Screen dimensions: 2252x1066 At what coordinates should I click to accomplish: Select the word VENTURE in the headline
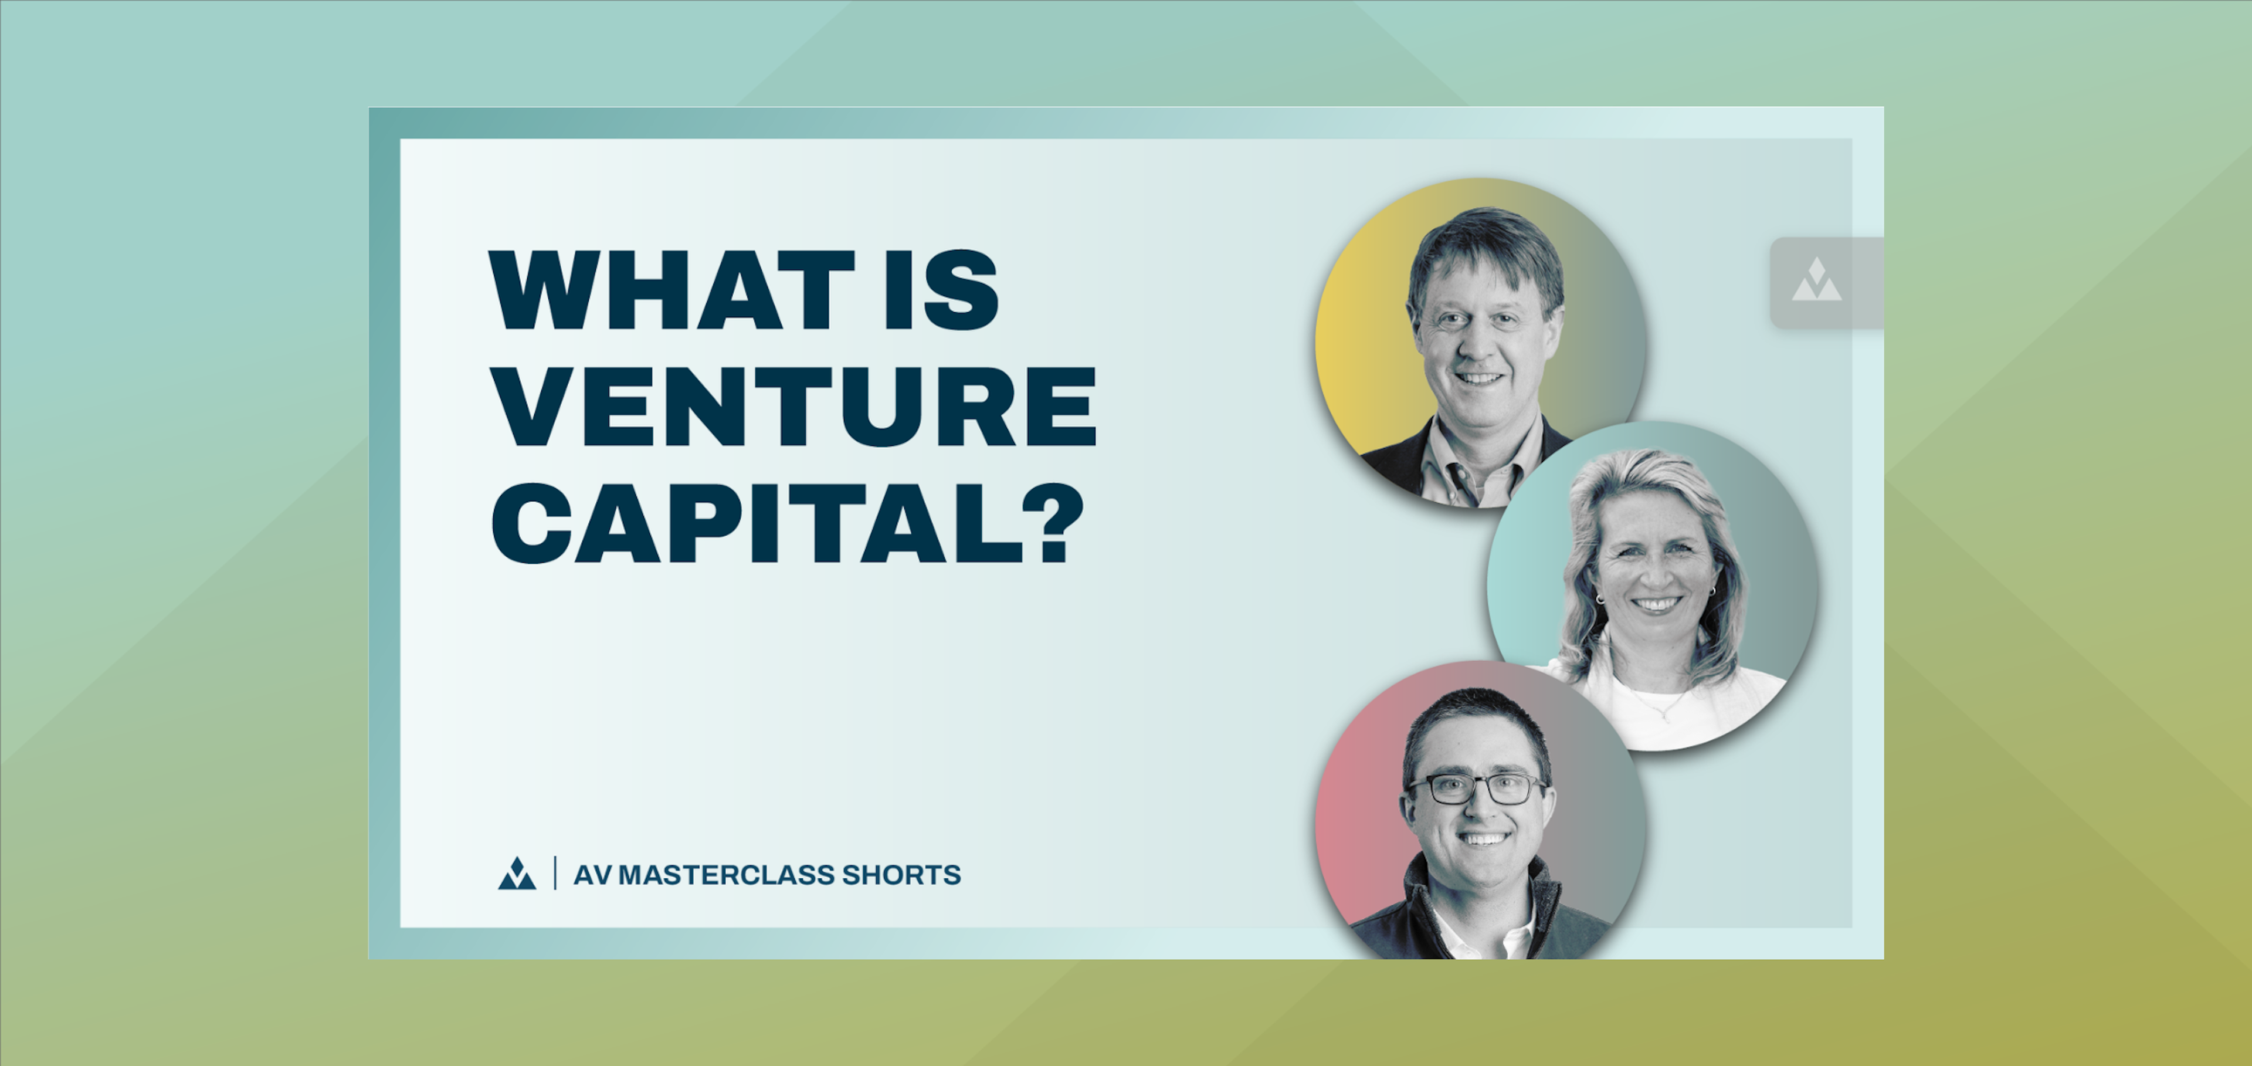(x=794, y=406)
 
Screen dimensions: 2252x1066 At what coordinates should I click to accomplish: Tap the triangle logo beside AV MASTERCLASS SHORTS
(x=517, y=874)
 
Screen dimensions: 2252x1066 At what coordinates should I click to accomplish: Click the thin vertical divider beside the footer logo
(x=555, y=874)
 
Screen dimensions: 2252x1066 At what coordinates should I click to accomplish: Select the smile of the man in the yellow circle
(x=1479, y=378)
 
